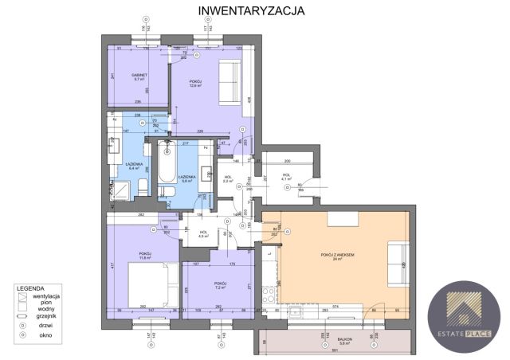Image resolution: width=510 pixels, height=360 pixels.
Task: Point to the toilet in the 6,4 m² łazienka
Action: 140,186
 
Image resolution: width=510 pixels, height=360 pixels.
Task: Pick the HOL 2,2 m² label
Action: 228,179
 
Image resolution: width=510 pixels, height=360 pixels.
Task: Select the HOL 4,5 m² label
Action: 203,234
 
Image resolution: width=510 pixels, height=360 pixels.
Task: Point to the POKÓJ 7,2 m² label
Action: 221,285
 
